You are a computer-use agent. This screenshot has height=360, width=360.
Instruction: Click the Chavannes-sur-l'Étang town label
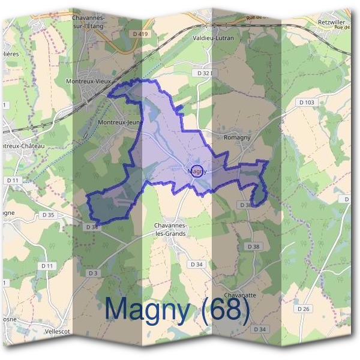tap(88, 22)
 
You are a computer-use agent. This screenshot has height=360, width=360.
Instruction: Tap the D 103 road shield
tap(306, 103)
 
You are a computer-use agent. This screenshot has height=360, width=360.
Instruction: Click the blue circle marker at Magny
tap(197, 170)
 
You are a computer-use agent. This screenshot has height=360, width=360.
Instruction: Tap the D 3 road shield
tap(92, 273)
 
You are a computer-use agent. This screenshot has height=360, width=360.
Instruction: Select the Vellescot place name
tap(58, 331)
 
